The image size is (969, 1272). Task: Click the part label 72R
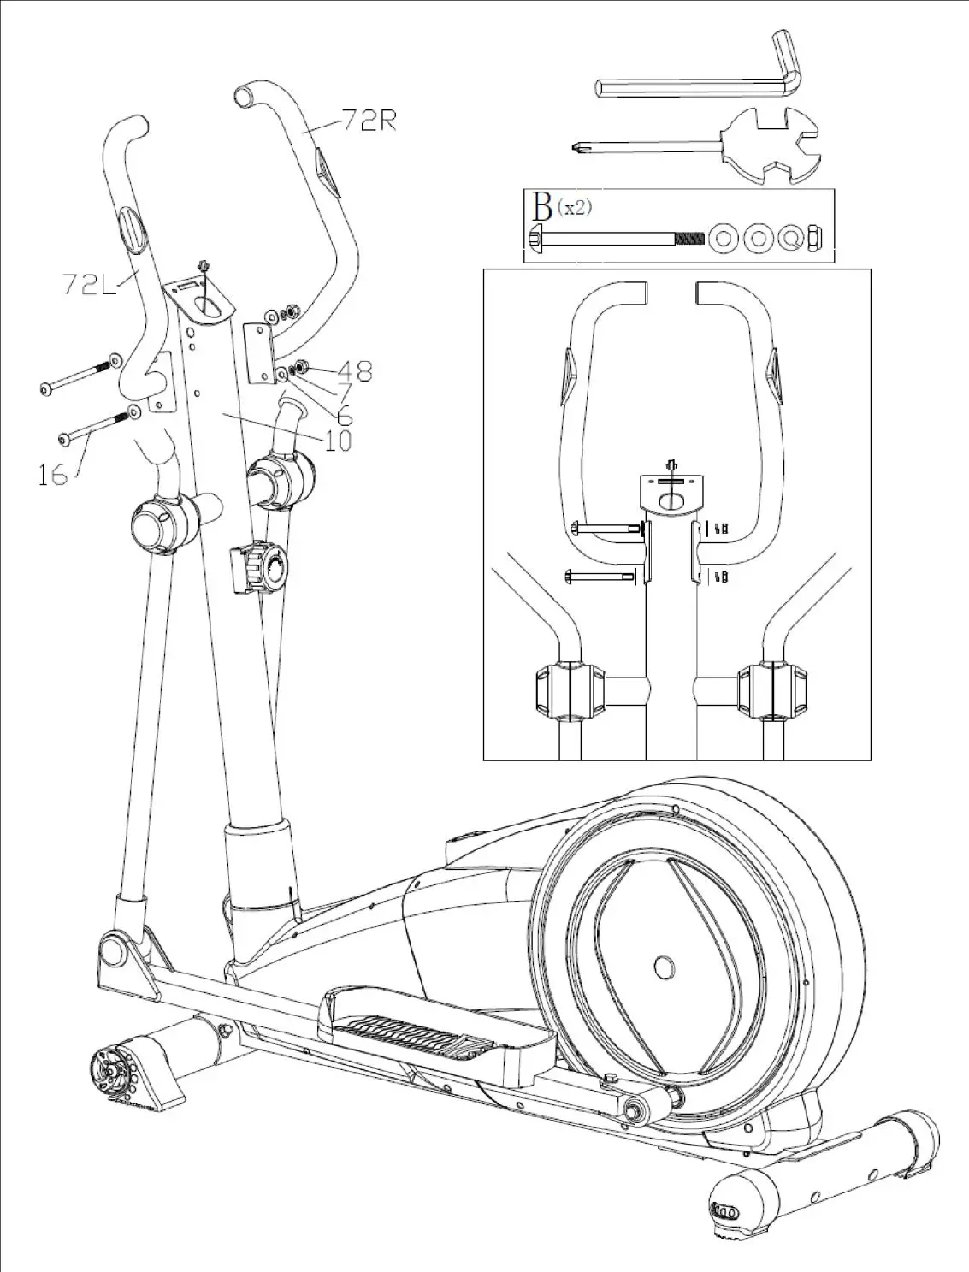tap(369, 121)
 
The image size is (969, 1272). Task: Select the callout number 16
tap(52, 473)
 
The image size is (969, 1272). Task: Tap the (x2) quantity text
tap(574, 207)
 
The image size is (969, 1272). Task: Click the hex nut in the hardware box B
tap(816, 238)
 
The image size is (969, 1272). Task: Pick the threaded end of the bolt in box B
tap(688, 238)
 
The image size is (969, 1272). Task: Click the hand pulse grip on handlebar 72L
tap(130, 228)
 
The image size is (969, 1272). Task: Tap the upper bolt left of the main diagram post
tap(79, 376)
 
